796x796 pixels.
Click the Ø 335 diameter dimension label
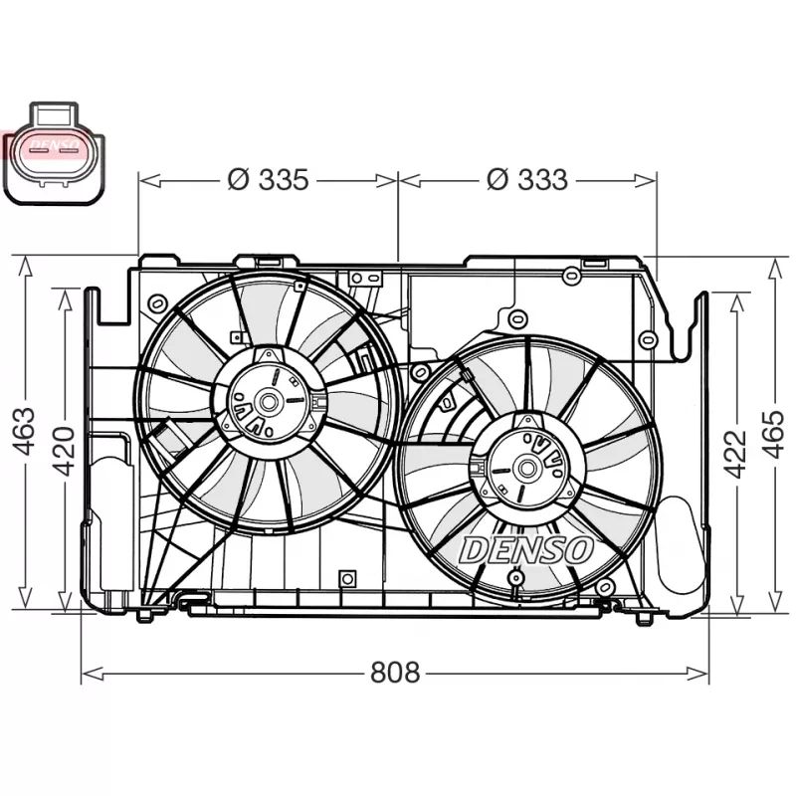coord(268,180)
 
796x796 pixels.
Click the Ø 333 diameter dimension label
coord(527,180)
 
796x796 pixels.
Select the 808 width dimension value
coord(395,673)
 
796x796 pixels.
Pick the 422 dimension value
coord(735,453)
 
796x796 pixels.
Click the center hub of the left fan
coord(268,401)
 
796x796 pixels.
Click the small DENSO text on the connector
coord(55,145)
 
